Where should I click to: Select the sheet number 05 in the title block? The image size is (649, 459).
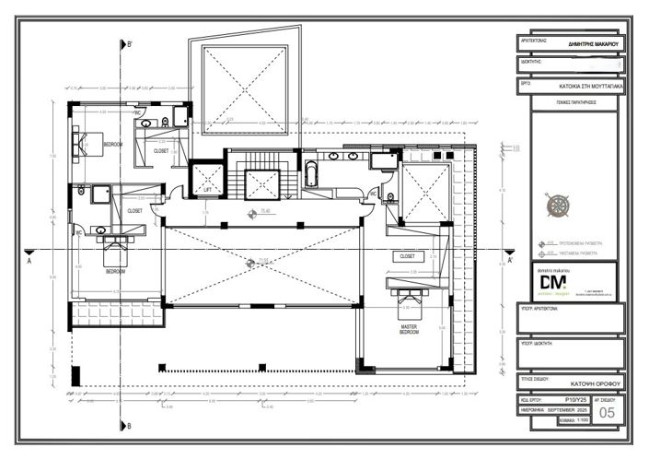(607, 413)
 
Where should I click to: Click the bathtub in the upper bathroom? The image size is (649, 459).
(311, 174)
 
